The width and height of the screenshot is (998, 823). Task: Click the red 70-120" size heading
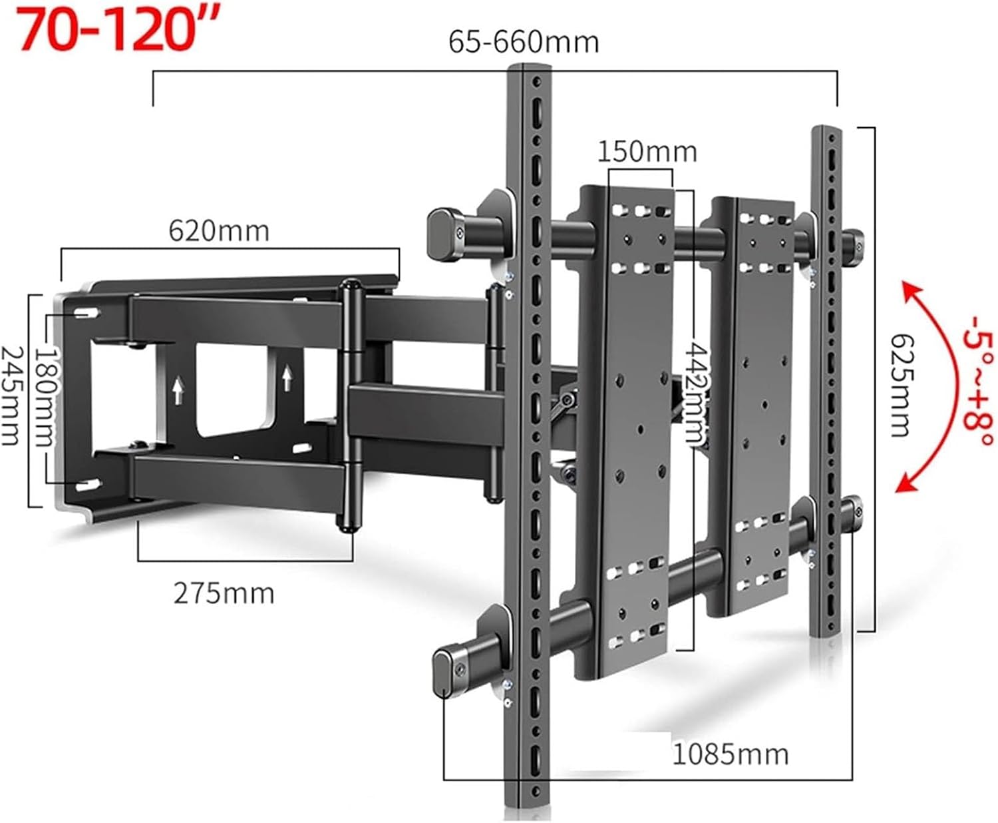(120, 30)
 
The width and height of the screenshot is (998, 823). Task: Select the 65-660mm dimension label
(524, 42)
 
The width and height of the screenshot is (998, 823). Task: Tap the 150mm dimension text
(647, 152)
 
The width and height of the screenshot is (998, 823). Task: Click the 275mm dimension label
(224, 593)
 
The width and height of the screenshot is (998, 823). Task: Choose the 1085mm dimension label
(731, 754)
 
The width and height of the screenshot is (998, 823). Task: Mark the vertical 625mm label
(902, 385)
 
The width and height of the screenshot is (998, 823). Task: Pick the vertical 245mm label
(11, 396)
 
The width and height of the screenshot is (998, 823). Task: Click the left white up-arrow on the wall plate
(178, 390)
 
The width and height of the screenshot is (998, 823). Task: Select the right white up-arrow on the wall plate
(287, 378)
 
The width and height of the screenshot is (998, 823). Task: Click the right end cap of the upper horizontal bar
(854, 248)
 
